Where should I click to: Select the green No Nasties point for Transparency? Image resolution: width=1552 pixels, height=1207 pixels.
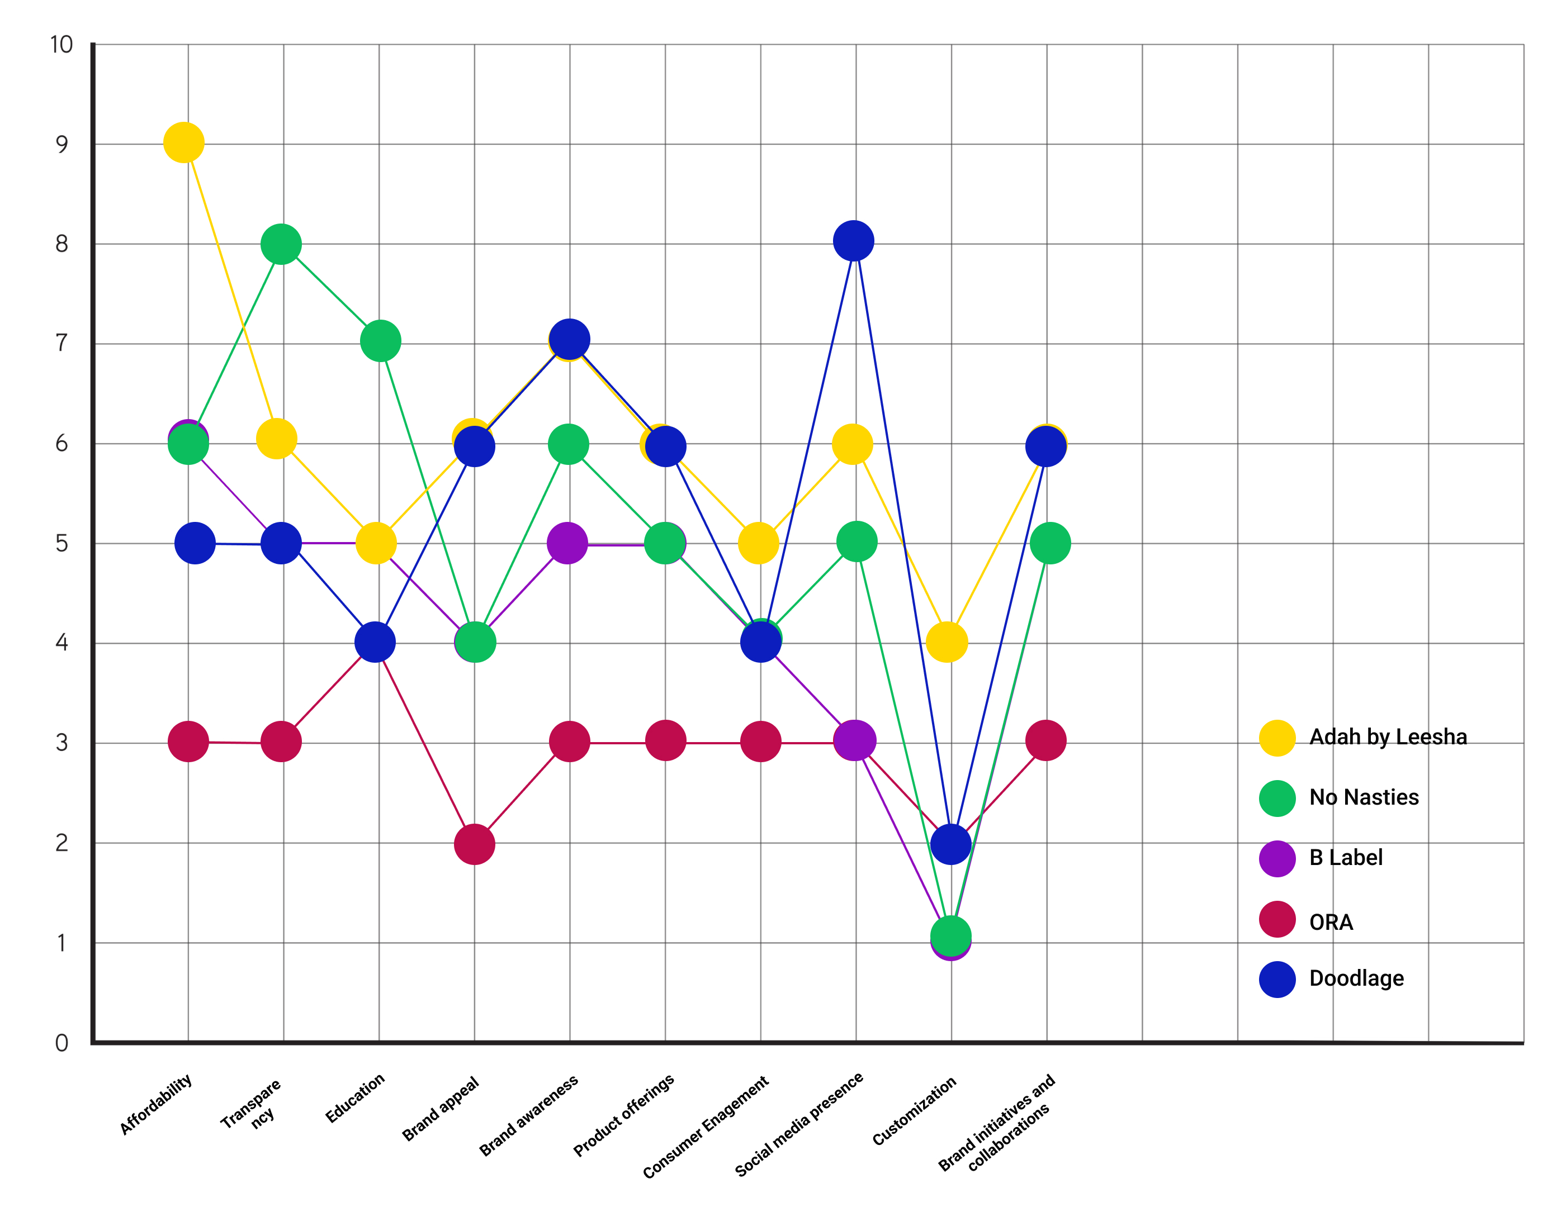281,244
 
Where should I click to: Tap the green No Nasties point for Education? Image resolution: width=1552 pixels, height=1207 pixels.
381,340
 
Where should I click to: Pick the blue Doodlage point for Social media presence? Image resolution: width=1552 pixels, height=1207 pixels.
854,241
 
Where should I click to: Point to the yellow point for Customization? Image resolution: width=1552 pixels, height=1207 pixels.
947,641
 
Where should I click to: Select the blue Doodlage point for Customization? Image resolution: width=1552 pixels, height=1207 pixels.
951,844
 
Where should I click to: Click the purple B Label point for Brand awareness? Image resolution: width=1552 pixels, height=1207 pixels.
567,543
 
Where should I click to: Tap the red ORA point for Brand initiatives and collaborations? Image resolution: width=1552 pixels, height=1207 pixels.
1046,740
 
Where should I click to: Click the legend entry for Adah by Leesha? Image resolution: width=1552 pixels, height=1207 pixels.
1388,736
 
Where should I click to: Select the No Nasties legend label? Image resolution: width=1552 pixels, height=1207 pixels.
1364,797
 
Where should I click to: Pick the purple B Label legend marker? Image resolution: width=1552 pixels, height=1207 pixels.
1277,858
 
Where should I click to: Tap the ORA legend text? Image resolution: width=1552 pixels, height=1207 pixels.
1331,922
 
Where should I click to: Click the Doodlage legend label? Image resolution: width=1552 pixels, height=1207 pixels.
1356,978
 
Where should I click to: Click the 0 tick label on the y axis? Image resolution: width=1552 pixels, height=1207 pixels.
62,1043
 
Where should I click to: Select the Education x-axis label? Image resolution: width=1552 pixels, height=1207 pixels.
354,1098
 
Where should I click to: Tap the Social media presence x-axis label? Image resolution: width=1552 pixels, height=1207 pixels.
799,1124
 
